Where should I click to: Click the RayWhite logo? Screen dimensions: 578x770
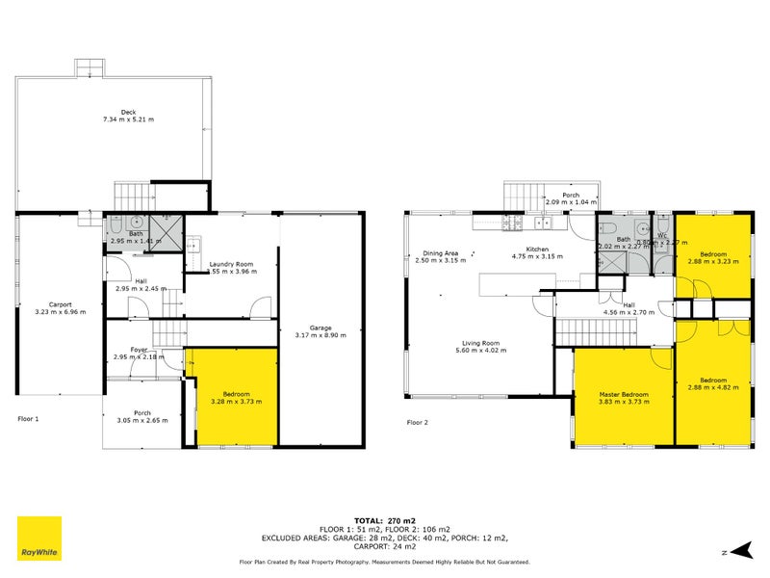click(x=38, y=538)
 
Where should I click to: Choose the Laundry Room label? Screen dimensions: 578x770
click(x=231, y=264)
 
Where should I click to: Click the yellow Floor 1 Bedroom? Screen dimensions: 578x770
click(x=231, y=396)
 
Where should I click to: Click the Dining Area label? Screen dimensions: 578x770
click(x=436, y=253)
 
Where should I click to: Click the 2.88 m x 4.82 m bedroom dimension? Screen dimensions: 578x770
click(x=713, y=386)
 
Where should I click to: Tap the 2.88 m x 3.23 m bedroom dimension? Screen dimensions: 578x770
click(x=713, y=260)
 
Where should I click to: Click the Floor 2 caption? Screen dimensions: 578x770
click(x=417, y=422)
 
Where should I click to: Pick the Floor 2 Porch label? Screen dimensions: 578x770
click(x=571, y=196)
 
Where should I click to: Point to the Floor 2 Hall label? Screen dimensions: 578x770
click(x=629, y=305)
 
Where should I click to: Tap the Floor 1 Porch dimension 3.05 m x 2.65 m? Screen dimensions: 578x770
click(x=142, y=420)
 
